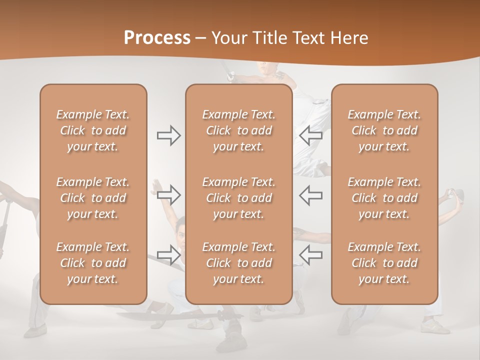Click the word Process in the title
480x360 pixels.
pyautogui.click(x=157, y=38)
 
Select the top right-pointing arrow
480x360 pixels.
pyautogui.click(x=168, y=135)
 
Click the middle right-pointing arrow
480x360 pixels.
pyautogui.click(x=168, y=194)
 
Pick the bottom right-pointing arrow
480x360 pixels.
pyautogui.click(x=168, y=254)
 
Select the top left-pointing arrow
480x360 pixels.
pyautogui.click(x=310, y=135)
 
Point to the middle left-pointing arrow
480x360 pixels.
pyautogui.click(x=310, y=194)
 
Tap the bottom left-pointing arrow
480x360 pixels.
pyautogui.click(x=310, y=254)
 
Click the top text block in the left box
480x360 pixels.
pyautogui.click(x=93, y=130)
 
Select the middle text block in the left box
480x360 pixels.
pyautogui.click(x=93, y=198)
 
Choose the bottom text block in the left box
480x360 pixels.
pyautogui.click(x=93, y=263)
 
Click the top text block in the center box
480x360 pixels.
pyautogui.click(x=239, y=130)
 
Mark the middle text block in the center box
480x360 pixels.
pyautogui.click(x=239, y=198)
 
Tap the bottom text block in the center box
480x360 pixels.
pyautogui.click(x=239, y=263)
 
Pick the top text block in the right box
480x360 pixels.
pyautogui.click(x=384, y=130)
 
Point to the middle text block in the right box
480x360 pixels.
pyautogui.click(x=384, y=198)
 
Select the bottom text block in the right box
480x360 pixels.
pyautogui.click(x=384, y=263)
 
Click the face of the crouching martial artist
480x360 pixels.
pyautogui.click(x=180, y=234)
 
